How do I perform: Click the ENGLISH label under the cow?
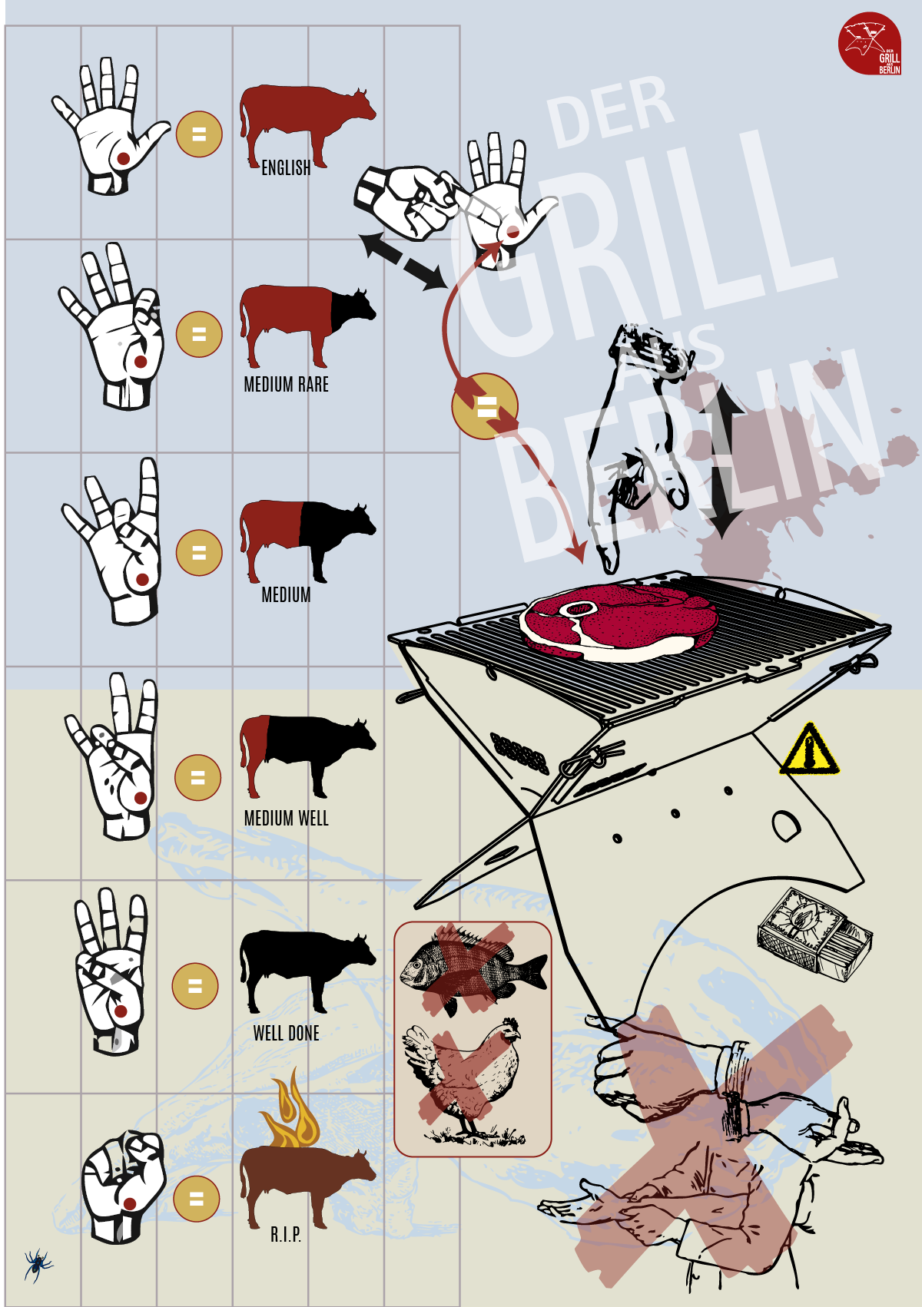pos(286,168)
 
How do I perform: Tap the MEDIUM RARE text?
pos(286,385)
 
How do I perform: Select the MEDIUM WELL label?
pos(286,818)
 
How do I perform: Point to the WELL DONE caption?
pos(286,1034)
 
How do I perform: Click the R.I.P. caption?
pos(286,1235)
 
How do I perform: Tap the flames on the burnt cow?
pos(291,1109)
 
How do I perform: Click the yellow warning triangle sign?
pos(809,749)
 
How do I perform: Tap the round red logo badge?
pos(870,44)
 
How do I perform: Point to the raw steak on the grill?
pos(619,623)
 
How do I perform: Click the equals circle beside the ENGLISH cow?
pos(199,134)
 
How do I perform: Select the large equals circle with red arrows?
pos(486,406)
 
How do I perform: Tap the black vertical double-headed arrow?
pos(721,460)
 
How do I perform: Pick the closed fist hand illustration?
pos(124,1185)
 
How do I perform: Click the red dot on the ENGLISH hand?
pos(123,158)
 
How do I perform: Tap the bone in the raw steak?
pos(578,609)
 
